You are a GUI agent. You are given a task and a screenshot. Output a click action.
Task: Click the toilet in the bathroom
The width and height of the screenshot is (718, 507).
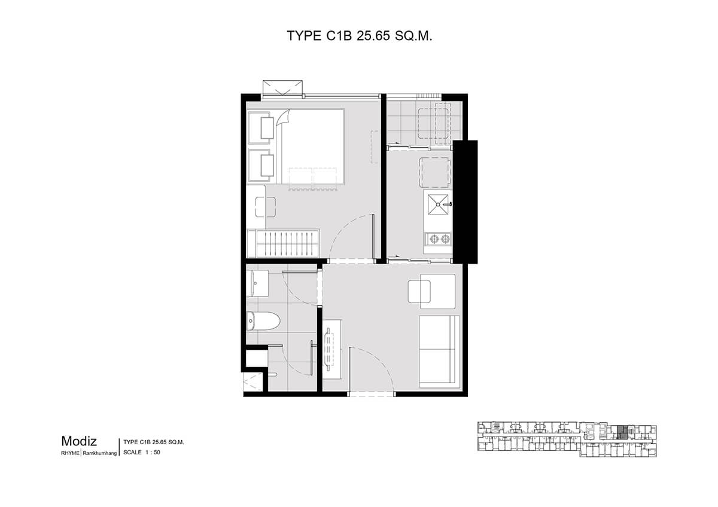(263, 320)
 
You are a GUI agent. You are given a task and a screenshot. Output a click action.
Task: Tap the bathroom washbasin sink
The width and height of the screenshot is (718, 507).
(257, 283)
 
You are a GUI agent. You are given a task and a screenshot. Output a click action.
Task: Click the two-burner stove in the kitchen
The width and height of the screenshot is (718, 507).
(438, 239)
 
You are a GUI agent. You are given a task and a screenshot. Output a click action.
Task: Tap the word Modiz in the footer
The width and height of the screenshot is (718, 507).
(79, 441)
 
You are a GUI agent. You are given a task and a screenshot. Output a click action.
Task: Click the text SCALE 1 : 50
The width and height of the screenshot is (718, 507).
(142, 452)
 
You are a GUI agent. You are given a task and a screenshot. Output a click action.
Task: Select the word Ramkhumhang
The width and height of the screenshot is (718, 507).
(100, 453)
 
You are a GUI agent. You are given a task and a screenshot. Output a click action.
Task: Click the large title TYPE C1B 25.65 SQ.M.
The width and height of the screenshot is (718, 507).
(360, 36)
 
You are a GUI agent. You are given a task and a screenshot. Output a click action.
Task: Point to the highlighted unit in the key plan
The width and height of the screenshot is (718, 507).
(622, 432)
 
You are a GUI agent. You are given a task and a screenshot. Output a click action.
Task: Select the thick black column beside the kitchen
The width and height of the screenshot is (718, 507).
(465, 201)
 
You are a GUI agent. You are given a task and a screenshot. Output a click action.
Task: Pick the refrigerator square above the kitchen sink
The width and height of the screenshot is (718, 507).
(434, 172)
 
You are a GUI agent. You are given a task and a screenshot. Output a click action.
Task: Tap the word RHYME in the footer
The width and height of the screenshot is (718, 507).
(70, 453)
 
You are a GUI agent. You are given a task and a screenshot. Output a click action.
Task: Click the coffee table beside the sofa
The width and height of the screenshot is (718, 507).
(419, 291)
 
